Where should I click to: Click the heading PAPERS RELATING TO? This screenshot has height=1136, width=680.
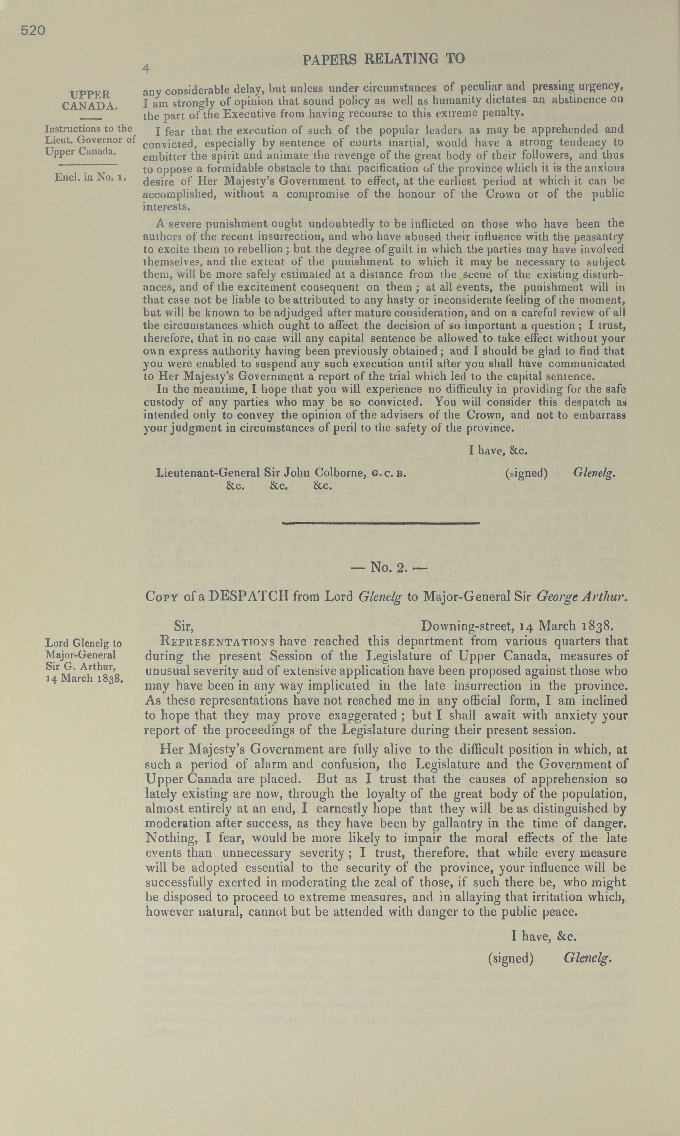(384, 59)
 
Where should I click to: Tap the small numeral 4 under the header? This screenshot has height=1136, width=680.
(146, 69)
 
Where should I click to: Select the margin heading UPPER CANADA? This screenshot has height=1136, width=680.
(90, 100)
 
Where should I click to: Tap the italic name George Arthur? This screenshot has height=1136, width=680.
(580, 597)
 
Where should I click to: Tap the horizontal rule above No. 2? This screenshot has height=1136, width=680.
(381, 523)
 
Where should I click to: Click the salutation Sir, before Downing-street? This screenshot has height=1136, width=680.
(184, 626)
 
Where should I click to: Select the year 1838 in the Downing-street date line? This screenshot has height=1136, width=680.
(594, 626)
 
